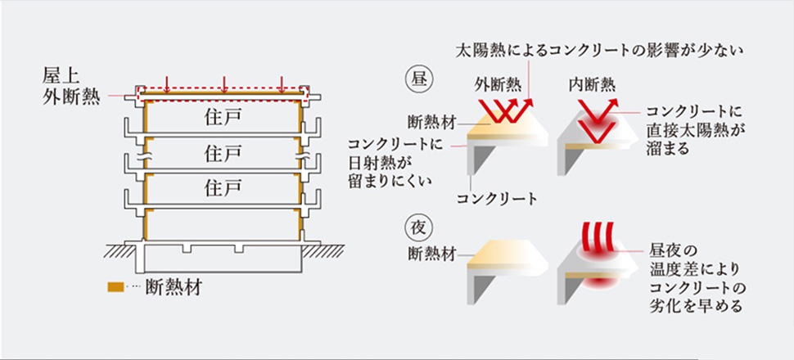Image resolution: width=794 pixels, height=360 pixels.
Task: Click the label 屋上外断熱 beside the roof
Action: [x=70, y=88]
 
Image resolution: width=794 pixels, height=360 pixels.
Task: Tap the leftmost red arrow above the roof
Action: [x=166, y=83]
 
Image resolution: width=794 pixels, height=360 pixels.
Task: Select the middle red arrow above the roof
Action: [x=223, y=83]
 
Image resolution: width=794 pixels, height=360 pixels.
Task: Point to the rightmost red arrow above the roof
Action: [x=282, y=83]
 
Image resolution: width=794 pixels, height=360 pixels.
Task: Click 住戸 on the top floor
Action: [x=223, y=116]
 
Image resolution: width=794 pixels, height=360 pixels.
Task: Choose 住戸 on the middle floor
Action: [x=223, y=153]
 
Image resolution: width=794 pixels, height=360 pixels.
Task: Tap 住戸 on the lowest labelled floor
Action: [x=223, y=187]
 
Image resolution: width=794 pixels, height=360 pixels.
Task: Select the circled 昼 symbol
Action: [x=417, y=82]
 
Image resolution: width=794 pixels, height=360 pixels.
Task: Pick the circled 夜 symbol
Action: [x=417, y=222]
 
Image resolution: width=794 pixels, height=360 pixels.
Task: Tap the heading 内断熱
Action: [x=593, y=83]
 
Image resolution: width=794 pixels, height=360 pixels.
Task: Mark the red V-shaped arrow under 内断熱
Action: [x=598, y=115]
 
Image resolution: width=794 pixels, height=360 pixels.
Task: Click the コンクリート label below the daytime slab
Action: [x=497, y=198]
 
